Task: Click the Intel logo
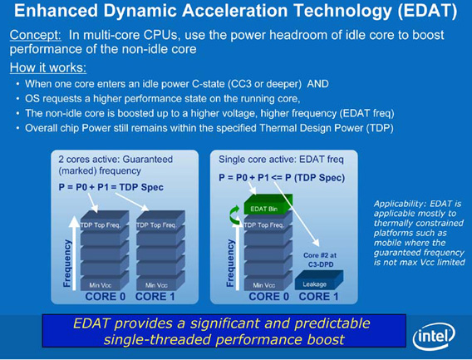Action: [x=434, y=335]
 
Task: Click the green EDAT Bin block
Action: [x=268, y=204]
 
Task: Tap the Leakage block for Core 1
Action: [x=319, y=280]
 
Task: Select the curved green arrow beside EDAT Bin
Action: [x=234, y=215]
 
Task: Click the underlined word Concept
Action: [x=36, y=35]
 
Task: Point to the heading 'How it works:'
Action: [x=48, y=67]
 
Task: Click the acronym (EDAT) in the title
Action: [x=427, y=11]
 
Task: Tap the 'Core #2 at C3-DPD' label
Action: [x=320, y=259]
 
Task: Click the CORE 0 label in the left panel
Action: [x=105, y=297]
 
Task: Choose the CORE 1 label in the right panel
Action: [x=318, y=297]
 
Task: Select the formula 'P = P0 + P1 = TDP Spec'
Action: [x=111, y=187]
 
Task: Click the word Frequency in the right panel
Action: [x=230, y=263]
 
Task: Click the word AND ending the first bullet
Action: [x=318, y=84]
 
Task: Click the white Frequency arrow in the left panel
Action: [x=74, y=253]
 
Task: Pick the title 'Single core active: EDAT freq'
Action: [x=281, y=160]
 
